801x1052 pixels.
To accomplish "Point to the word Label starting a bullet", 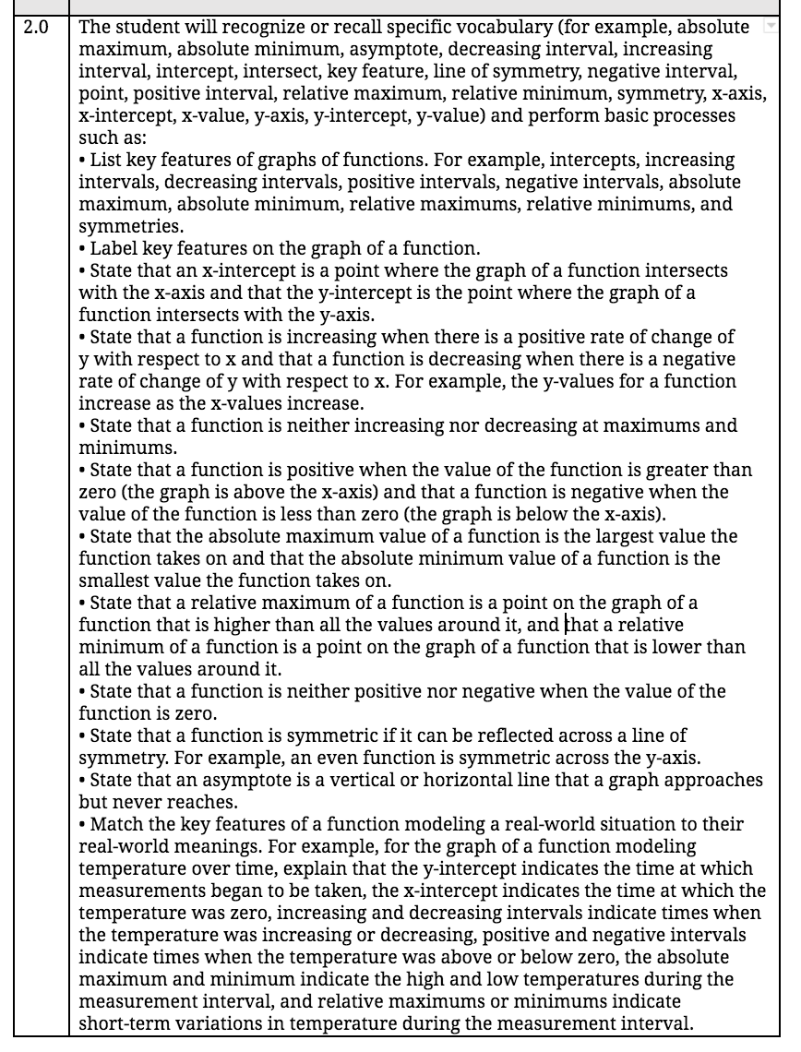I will [113, 248].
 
